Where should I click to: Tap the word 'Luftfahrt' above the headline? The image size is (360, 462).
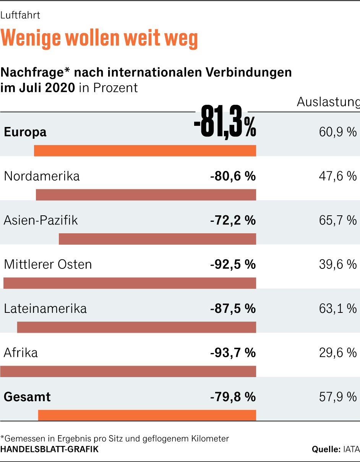click(x=20, y=15)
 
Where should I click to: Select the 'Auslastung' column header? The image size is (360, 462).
click(x=328, y=102)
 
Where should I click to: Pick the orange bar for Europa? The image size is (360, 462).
click(x=145, y=151)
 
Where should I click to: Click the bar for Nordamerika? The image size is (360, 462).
click(x=146, y=195)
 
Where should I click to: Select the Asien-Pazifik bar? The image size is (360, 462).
click(x=157, y=239)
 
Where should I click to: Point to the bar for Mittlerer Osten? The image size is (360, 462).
click(x=130, y=283)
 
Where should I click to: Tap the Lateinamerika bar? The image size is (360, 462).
click(x=136, y=327)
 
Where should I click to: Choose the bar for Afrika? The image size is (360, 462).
click(x=128, y=371)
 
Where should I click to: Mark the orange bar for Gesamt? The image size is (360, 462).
click(x=147, y=415)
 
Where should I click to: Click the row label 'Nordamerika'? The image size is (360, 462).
click(x=42, y=176)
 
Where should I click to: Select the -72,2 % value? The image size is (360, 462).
click(x=233, y=220)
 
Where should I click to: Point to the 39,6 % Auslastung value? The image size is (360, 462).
click(x=337, y=264)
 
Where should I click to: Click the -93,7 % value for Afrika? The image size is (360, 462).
click(x=233, y=353)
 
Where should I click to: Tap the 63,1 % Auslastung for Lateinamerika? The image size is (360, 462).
click(x=337, y=308)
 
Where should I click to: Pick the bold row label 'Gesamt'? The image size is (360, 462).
click(x=27, y=397)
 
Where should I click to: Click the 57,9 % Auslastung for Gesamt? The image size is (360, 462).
click(x=337, y=397)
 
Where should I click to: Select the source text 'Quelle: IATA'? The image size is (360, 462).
click(x=336, y=449)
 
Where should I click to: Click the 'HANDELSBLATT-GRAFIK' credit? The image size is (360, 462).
click(x=49, y=449)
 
